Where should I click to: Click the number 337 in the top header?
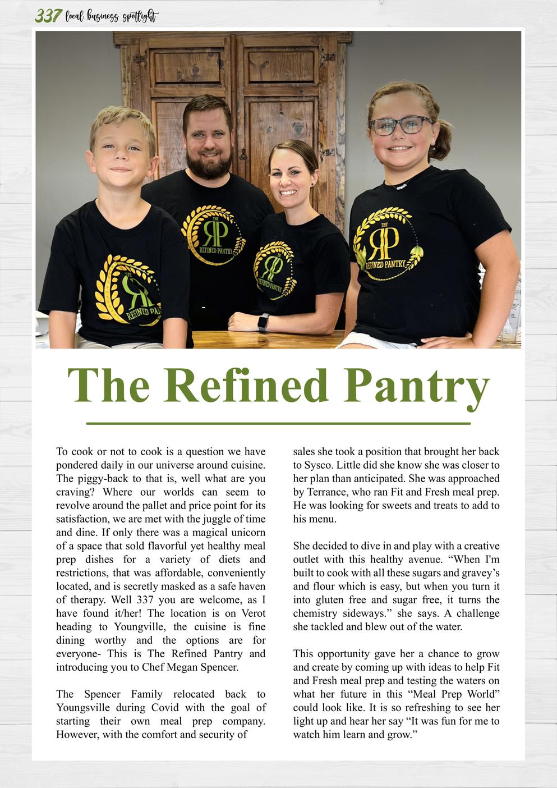48,16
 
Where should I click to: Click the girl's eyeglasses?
401,125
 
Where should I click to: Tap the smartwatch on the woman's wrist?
263,323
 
